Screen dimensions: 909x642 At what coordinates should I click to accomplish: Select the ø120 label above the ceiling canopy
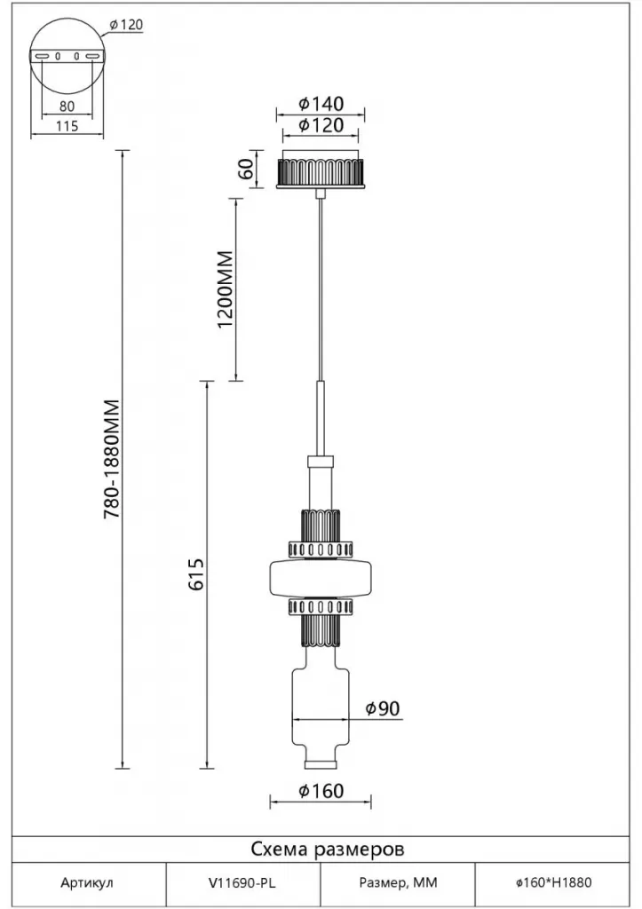pos(321,126)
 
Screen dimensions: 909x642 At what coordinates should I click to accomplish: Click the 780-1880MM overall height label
pos(112,460)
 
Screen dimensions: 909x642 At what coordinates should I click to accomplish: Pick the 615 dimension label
pos(197,575)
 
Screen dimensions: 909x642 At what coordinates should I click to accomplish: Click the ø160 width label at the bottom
pos(321,790)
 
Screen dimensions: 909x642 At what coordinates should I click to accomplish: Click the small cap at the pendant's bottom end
pos(321,763)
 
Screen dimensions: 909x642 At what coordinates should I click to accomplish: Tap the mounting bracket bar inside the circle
pos(67,57)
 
